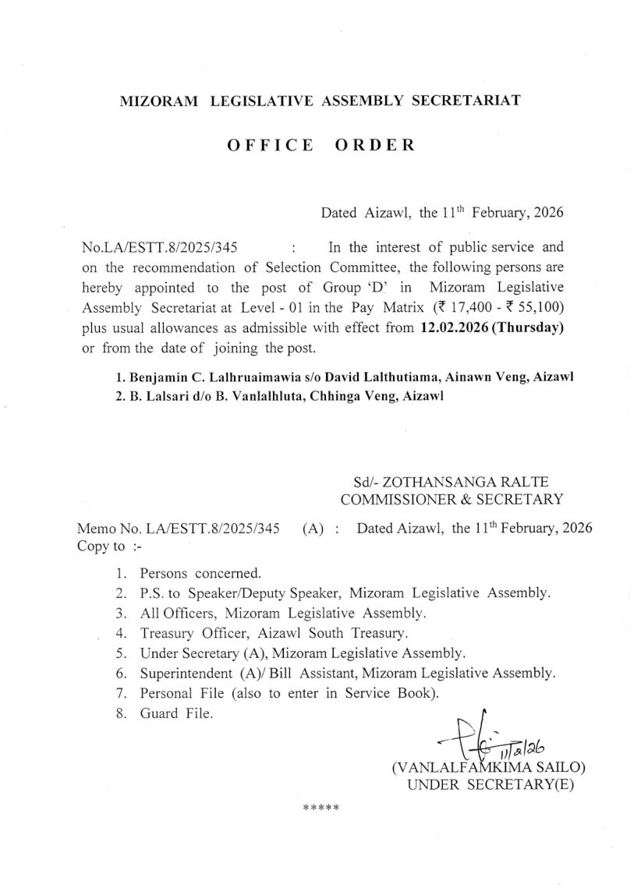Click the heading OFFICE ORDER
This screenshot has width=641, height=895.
[320, 146]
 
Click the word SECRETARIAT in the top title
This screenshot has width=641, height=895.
[462, 101]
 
